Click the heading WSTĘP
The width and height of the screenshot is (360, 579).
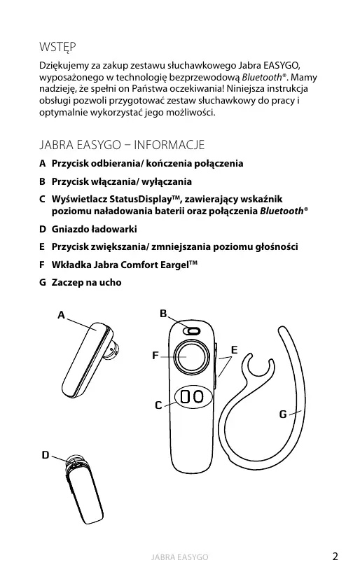click(x=57, y=48)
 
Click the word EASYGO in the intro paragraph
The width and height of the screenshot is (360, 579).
click(x=282, y=65)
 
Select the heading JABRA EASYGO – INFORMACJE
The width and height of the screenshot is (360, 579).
click(x=122, y=144)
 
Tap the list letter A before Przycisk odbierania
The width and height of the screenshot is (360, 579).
click(x=43, y=163)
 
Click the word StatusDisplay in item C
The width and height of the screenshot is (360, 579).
click(x=141, y=200)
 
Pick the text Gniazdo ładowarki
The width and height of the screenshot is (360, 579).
click(x=94, y=229)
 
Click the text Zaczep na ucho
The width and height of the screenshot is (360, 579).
click(x=86, y=282)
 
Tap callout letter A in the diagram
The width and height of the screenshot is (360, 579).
click(x=62, y=315)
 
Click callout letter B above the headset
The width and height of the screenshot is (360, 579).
click(x=163, y=314)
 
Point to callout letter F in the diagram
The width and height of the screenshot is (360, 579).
click(x=155, y=356)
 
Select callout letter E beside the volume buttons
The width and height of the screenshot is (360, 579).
click(x=234, y=349)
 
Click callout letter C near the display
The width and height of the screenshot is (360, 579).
click(x=158, y=405)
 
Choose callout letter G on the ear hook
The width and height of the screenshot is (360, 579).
click(x=283, y=414)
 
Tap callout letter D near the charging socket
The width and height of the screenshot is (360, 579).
click(x=46, y=455)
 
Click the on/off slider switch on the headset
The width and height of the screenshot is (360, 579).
click(x=191, y=331)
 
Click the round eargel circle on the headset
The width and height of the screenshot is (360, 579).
click(x=191, y=357)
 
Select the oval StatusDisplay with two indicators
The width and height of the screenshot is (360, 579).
click(x=193, y=397)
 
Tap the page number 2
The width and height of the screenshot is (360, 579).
click(x=335, y=557)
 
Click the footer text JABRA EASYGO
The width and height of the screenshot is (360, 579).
click(x=179, y=557)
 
